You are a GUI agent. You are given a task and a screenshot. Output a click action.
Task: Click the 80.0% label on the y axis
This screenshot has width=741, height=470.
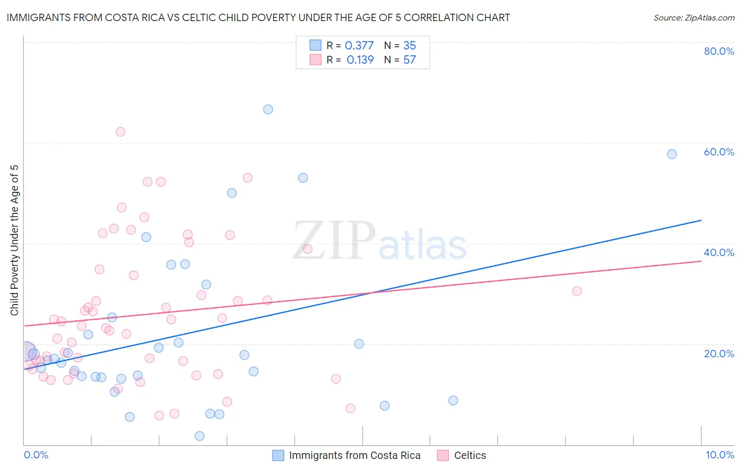pyautogui.click(x=719, y=51)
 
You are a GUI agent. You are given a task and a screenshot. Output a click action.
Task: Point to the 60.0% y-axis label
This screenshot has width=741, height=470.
pyautogui.click(x=719, y=152)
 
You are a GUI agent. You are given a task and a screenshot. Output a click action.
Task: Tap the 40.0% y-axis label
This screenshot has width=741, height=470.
pyautogui.click(x=719, y=252)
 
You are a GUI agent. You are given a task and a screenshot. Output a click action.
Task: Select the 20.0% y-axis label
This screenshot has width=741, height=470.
pyautogui.click(x=719, y=354)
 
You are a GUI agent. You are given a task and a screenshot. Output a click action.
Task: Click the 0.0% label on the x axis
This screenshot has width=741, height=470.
pyautogui.click(x=36, y=455)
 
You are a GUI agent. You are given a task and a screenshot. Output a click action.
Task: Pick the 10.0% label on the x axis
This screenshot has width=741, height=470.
pyautogui.click(x=719, y=455)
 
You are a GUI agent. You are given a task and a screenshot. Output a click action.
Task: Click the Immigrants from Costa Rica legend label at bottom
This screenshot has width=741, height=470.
pyautogui.click(x=354, y=455)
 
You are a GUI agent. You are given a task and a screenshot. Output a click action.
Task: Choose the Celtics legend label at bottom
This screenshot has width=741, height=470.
pyautogui.click(x=470, y=455)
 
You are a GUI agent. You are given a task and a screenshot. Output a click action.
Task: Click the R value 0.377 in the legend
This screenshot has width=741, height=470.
pyautogui.click(x=359, y=46)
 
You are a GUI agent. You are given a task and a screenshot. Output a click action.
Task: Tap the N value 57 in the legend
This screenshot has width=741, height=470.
pyautogui.click(x=409, y=60)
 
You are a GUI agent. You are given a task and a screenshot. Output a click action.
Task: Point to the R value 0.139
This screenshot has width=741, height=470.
pyautogui.click(x=360, y=60)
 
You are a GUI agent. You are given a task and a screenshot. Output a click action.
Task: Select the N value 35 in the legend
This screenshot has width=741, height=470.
pyautogui.click(x=409, y=46)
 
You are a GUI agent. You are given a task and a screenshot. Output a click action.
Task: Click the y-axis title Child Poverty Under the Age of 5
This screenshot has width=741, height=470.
pyautogui.click(x=14, y=240)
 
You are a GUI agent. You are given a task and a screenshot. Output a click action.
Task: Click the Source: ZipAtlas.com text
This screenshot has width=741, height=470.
pyautogui.click(x=694, y=18)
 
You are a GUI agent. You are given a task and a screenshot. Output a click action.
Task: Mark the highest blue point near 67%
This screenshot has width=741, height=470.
pyautogui.click(x=268, y=110)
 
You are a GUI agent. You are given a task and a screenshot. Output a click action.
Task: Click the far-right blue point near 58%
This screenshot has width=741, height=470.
pyautogui.click(x=672, y=154)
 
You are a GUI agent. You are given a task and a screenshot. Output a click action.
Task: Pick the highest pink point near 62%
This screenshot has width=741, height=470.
pyautogui.click(x=121, y=132)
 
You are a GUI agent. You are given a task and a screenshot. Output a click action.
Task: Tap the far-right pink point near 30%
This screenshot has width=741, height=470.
pyautogui.click(x=577, y=291)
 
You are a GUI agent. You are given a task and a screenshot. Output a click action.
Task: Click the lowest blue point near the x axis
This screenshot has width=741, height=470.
pyautogui.click(x=200, y=436)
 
